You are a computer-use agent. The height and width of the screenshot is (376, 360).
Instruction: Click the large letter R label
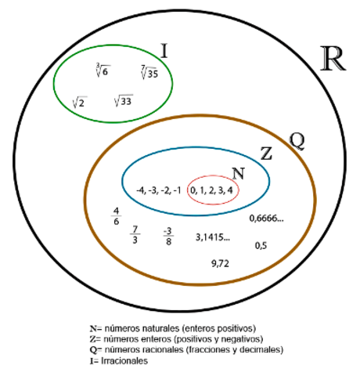(333, 59)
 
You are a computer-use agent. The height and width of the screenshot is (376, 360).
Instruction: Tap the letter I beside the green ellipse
(164, 51)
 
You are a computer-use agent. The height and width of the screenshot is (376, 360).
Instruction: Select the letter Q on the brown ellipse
(297, 141)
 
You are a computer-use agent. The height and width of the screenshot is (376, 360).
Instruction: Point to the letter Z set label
(266, 154)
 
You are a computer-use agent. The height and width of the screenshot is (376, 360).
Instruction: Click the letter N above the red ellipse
(239, 173)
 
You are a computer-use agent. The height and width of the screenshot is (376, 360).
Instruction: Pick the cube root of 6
(102, 70)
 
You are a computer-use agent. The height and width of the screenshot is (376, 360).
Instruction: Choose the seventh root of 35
(149, 72)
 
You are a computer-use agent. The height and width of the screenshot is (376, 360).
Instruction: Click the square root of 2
(80, 103)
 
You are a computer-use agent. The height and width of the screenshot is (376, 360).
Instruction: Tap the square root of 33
(124, 100)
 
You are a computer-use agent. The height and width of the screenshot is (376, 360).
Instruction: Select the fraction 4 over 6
(116, 216)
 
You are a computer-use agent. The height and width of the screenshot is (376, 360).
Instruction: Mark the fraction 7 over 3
(135, 234)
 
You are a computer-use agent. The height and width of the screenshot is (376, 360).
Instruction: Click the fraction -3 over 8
(168, 237)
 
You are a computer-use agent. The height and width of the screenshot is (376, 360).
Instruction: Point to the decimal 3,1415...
(213, 237)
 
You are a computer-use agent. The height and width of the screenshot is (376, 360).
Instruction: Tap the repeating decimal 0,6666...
(266, 219)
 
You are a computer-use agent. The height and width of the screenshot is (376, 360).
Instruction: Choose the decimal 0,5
(261, 246)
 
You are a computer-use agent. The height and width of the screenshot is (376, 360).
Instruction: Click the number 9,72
(220, 264)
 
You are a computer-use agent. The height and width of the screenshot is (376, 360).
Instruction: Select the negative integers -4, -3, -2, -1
(158, 190)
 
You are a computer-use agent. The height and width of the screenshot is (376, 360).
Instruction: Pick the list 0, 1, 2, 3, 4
(211, 190)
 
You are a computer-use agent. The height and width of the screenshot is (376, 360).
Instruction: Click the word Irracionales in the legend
(124, 361)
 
